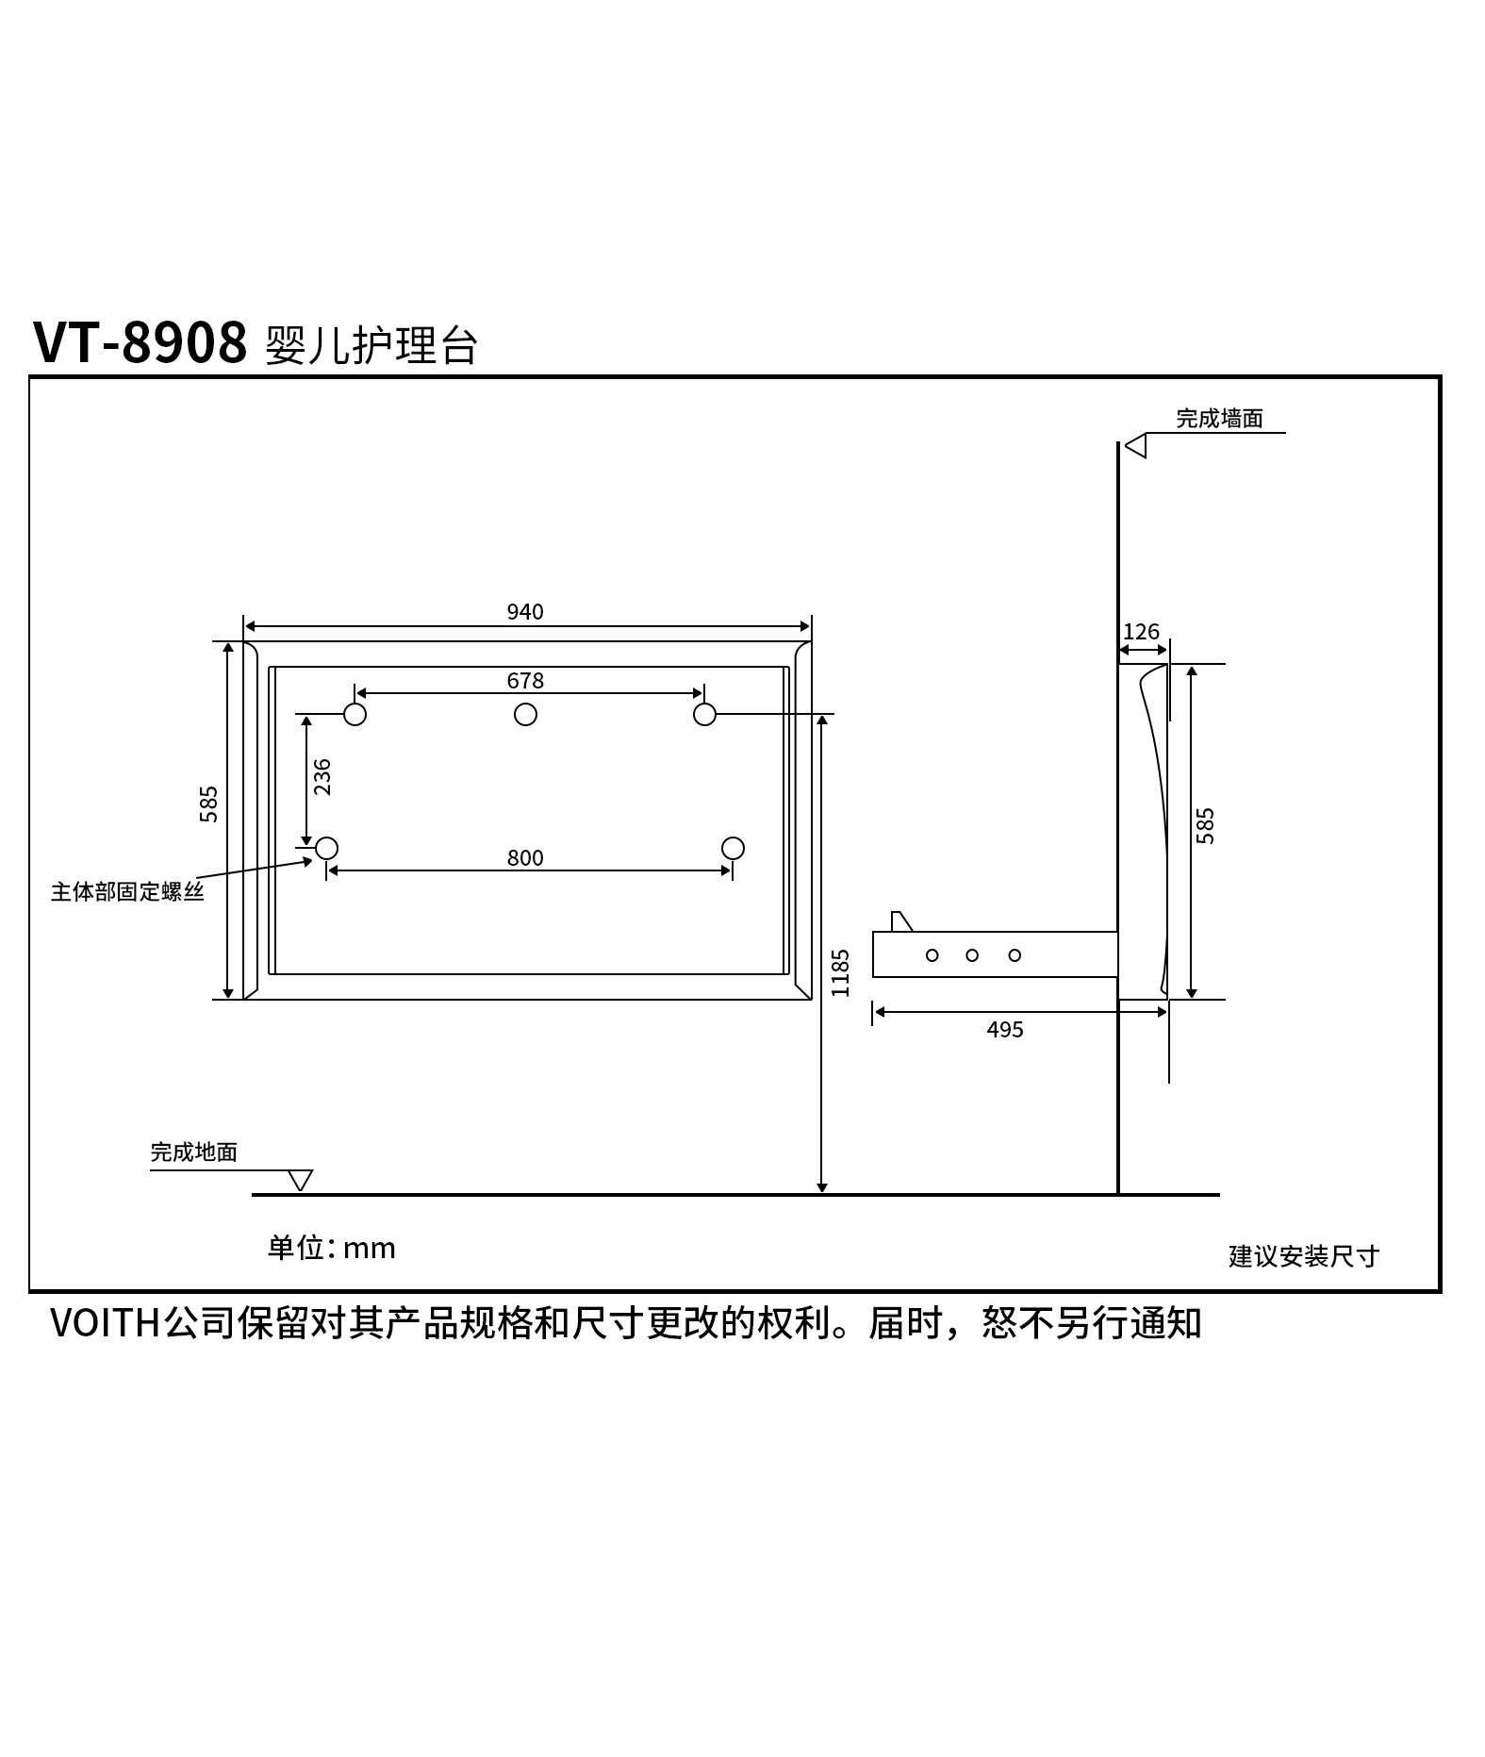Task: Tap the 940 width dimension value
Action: coord(525,612)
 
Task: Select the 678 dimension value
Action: coord(525,681)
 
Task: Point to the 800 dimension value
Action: coord(525,858)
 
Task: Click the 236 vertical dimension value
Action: coord(322,777)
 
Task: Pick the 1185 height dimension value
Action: coord(841,973)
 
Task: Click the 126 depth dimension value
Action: coord(1141,632)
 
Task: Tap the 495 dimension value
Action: coord(1005,1030)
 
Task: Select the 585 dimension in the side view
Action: coord(1205,826)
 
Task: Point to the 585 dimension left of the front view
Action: coord(208,804)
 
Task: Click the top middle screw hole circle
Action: coord(525,715)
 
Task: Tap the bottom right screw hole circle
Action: coord(733,849)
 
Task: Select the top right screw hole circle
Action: coord(704,715)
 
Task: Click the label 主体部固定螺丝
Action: coord(127,892)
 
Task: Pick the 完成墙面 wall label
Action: coord(1219,419)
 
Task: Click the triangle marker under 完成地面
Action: coord(300,1180)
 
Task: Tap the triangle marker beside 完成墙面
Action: coord(1135,445)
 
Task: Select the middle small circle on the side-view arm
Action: coord(972,955)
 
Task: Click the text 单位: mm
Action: coord(332,1249)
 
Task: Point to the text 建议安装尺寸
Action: coord(1304,1256)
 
